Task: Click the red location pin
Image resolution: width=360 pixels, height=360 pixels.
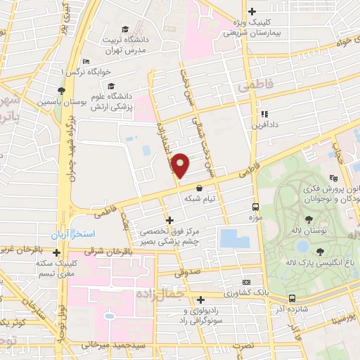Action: [181, 165]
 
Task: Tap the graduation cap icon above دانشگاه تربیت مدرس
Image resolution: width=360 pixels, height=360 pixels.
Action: [125, 30]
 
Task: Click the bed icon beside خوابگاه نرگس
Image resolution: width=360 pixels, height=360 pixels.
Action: [98, 72]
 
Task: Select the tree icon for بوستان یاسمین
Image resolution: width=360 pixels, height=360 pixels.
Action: [63, 91]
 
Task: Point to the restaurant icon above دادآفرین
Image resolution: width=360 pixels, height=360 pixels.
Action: [264, 114]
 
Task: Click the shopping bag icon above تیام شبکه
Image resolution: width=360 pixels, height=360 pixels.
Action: [202, 188]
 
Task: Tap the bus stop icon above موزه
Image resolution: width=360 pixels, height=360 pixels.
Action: [255, 207]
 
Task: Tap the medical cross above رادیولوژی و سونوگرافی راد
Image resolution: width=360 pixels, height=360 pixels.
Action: [201, 300]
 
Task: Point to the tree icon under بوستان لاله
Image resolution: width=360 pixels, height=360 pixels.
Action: [320, 250]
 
